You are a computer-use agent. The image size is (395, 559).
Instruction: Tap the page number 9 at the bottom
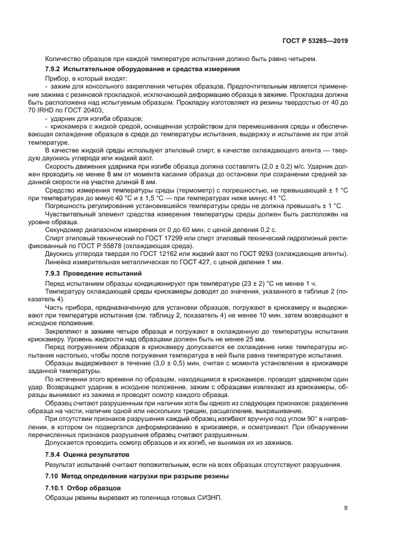[346, 508]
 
